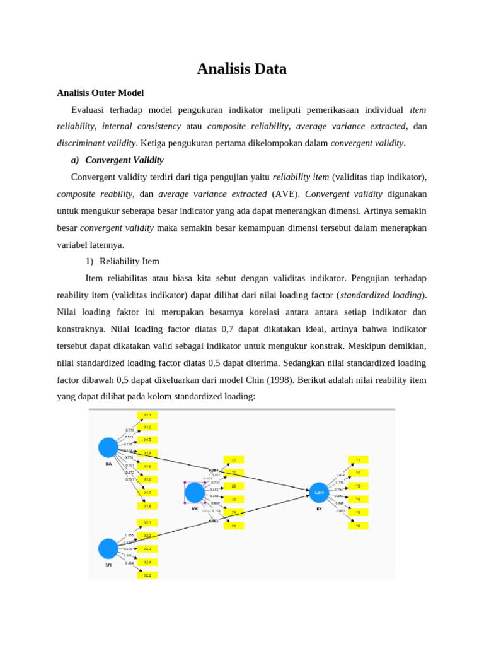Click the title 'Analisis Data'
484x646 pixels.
(x=241, y=69)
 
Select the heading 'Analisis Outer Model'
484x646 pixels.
(x=100, y=93)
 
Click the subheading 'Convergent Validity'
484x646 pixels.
(x=124, y=160)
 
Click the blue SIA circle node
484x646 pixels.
(x=108, y=447)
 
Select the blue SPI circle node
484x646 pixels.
(x=108, y=548)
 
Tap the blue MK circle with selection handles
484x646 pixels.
(x=195, y=492)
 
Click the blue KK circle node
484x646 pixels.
(x=319, y=492)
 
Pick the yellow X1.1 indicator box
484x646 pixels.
(x=147, y=415)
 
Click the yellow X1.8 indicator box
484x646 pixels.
(x=147, y=506)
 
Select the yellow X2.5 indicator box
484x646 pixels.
(x=147, y=575)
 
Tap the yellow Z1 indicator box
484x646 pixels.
(x=233, y=460)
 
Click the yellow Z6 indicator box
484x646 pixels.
(x=233, y=526)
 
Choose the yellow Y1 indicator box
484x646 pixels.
(x=358, y=460)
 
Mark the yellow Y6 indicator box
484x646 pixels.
(x=358, y=526)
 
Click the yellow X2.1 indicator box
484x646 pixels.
(x=147, y=522)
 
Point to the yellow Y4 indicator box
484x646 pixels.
(x=358, y=499)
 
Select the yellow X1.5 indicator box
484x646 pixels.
(x=147, y=466)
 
